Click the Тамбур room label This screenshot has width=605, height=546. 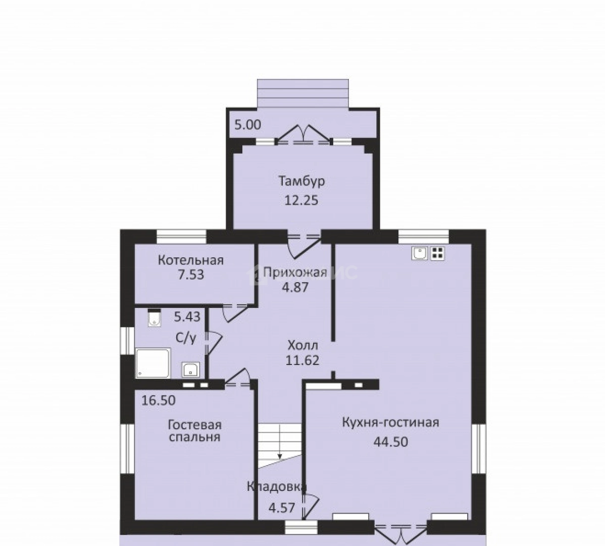click(301, 181)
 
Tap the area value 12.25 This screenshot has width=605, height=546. click(301, 200)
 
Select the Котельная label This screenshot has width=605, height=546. click(190, 260)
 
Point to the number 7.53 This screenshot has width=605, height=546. click(190, 275)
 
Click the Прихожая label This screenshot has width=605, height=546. click(295, 273)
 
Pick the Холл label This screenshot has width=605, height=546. click(303, 345)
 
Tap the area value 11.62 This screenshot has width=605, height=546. click(302, 360)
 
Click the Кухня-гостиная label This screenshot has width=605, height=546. click(390, 423)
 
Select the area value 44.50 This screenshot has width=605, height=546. click(390, 442)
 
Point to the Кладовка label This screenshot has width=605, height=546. click(276, 487)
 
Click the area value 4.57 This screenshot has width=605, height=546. click(282, 508)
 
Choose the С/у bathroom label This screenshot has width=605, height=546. click(186, 338)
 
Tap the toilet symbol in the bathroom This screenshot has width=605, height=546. click(155, 318)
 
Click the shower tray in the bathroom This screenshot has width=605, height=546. click(153, 363)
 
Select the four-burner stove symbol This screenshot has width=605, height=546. click(438, 253)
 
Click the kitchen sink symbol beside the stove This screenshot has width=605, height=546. click(420, 253)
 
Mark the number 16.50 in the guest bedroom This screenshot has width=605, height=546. click(158, 400)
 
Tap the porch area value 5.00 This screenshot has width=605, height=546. click(248, 125)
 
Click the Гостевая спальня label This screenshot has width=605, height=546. click(195, 431)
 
